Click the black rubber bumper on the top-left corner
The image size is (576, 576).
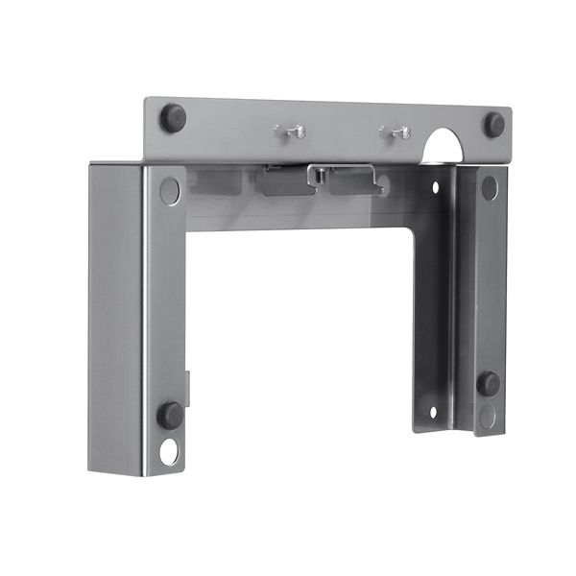tap(173, 117)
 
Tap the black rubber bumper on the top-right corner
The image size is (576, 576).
tap(494, 124)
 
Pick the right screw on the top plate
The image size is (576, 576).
tap(396, 132)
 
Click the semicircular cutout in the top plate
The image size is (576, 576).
tap(444, 147)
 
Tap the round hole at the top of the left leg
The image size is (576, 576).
tap(170, 190)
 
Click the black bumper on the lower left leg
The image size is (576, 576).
tap(170, 415)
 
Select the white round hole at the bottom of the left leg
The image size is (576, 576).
tap(170, 451)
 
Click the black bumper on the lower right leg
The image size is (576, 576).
tap(489, 383)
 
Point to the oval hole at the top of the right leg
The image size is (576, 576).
tap(489, 188)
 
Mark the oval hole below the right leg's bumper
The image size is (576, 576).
tap(489, 416)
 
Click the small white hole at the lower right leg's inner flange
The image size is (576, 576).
tap(432, 413)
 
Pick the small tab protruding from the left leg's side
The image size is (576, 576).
tap(188, 389)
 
